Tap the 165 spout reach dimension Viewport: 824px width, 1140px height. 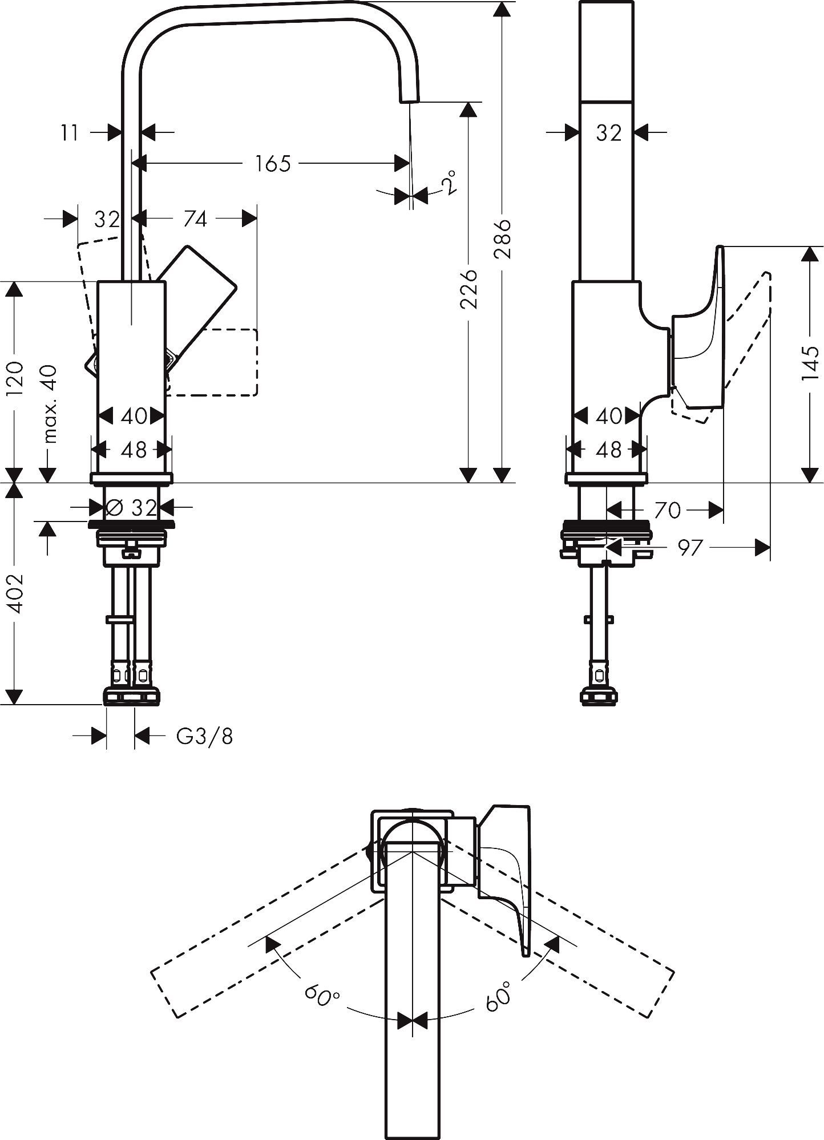(273, 164)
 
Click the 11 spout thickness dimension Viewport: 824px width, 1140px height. (70, 134)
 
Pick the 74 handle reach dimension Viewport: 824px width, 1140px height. (195, 219)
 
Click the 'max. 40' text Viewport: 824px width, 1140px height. (50, 404)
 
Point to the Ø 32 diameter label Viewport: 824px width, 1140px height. (131, 507)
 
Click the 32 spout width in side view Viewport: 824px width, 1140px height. (608, 134)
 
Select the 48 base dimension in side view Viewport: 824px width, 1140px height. (608, 450)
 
